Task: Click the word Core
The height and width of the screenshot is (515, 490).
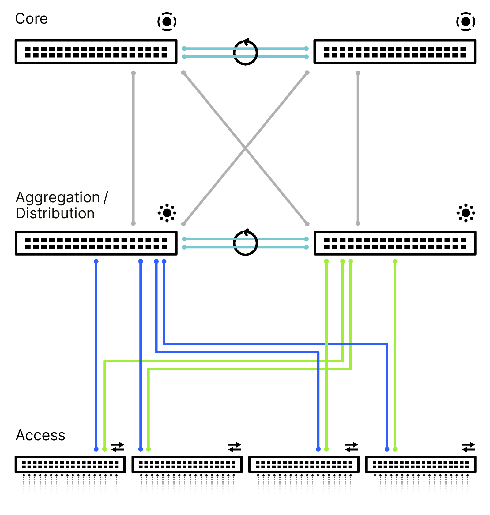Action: click(31, 19)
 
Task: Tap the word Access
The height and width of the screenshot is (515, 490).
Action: click(40, 435)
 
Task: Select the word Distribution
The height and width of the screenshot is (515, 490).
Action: click(55, 213)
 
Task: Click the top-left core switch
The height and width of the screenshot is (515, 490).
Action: click(96, 51)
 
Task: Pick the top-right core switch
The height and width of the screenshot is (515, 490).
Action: click(394, 51)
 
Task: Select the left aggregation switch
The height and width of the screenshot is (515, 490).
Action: click(96, 243)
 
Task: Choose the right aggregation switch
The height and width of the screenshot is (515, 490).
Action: click(394, 243)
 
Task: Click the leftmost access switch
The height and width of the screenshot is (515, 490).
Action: click(70, 464)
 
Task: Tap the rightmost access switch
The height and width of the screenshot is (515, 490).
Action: click(420, 464)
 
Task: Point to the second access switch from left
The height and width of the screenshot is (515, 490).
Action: click(187, 464)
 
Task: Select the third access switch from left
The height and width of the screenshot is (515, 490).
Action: click(304, 464)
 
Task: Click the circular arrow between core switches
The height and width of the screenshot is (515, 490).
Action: click(245, 52)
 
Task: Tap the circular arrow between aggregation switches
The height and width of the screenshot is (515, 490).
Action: click(245, 243)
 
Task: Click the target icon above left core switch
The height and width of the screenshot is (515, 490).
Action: click(167, 21)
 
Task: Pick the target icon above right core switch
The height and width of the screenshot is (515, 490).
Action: click(466, 21)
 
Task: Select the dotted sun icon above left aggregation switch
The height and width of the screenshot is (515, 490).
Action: click(167, 213)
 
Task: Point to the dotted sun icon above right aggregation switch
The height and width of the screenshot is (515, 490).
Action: click(466, 213)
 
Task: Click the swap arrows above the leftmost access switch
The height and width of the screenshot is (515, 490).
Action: click(118, 447)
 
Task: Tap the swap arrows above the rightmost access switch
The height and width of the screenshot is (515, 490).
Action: click(468, 447)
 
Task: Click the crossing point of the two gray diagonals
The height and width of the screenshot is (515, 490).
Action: click(245, 148)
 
